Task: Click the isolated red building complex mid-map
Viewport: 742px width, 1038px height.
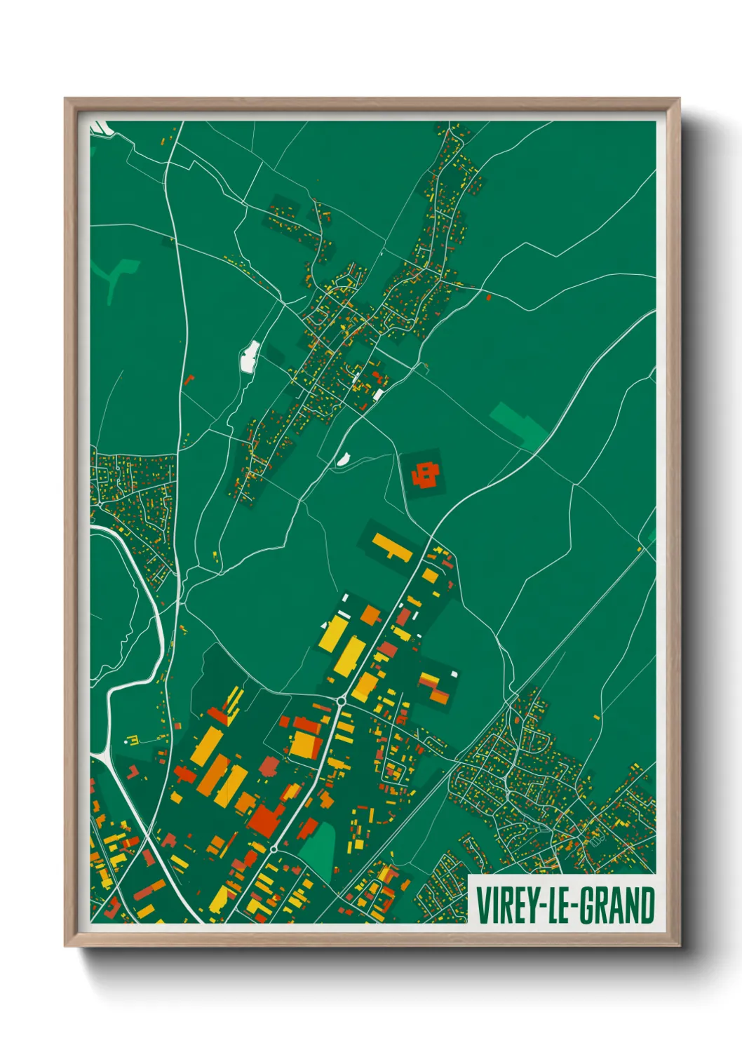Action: click(426, 475)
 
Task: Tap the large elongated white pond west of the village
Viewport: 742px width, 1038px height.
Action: click(249, 356)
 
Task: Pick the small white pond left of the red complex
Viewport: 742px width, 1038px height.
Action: click(343, 459)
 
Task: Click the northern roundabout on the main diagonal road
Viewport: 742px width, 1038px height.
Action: click(341, 701)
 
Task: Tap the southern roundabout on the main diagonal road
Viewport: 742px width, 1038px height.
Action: click(273, 849)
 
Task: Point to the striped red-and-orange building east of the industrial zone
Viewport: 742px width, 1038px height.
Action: click(435, 687)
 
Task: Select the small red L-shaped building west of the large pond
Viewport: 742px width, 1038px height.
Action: click(189, 380)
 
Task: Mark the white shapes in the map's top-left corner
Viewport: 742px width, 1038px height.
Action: click(101, 128)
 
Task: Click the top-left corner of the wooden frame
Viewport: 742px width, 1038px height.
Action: click(66, 100)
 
